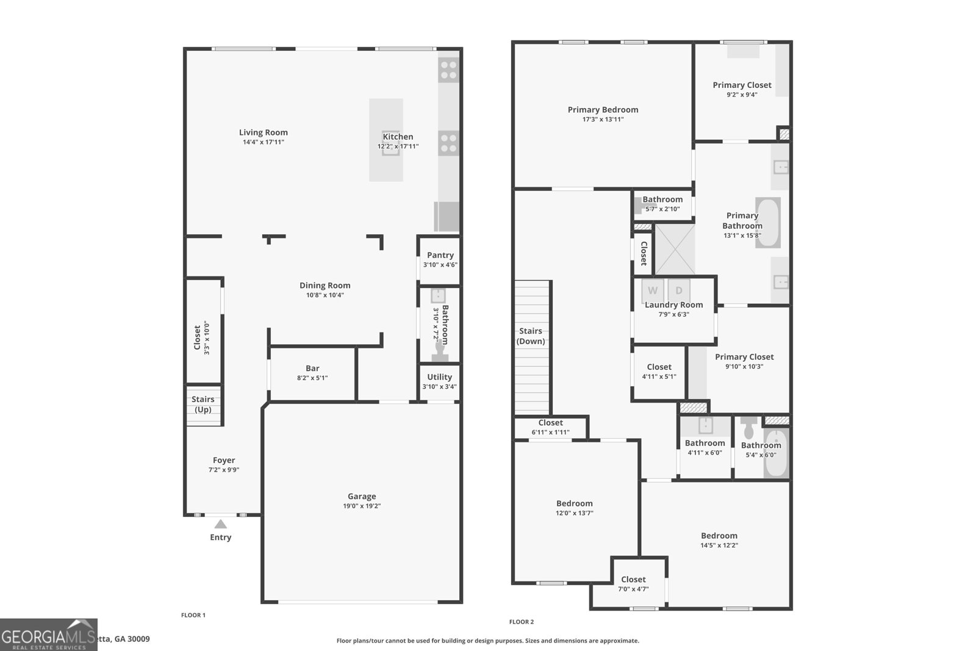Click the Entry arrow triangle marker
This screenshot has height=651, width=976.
[221, 524]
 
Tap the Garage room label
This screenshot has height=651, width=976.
[362, 496]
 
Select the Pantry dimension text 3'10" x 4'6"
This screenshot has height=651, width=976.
[440, 265]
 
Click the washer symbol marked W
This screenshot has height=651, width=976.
[653, 290]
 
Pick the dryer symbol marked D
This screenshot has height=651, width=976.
[678, 290]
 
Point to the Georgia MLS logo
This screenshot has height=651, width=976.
[48, 635]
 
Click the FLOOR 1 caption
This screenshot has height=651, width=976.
[193, 615]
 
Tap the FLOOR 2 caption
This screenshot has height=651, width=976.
[522, 622]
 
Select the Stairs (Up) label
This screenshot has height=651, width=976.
[203, 405]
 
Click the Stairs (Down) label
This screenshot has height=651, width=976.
[531, 336]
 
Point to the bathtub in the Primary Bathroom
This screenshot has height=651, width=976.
[768, 222]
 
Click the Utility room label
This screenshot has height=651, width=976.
[439, 377]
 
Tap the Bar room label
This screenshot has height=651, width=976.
[312, 368]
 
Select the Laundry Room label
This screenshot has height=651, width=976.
[674, 304]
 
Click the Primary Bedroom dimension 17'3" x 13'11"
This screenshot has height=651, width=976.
[603, 120]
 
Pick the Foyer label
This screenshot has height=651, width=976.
[224, 460]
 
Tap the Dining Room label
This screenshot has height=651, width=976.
[325, 285]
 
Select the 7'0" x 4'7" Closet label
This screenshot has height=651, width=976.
[633, 579]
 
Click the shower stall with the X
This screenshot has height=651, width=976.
[675, 249]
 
